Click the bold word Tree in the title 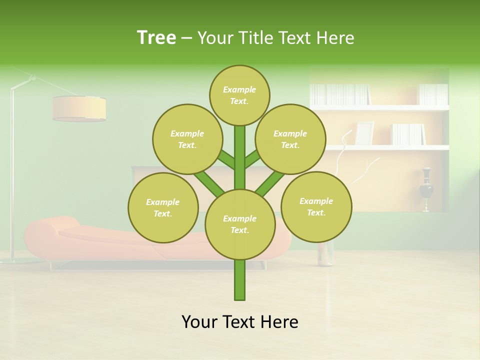(156, 37)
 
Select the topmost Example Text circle (239, 95)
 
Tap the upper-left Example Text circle (187, 139)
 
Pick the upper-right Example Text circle (290, 139)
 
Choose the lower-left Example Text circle (162, 208)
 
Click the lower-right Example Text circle (316, 206)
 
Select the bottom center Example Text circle (239, 224)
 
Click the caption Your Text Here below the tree (239, 322)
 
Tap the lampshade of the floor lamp (79, 108)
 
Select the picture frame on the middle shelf (364, 133)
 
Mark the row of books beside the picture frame (408, 134)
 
